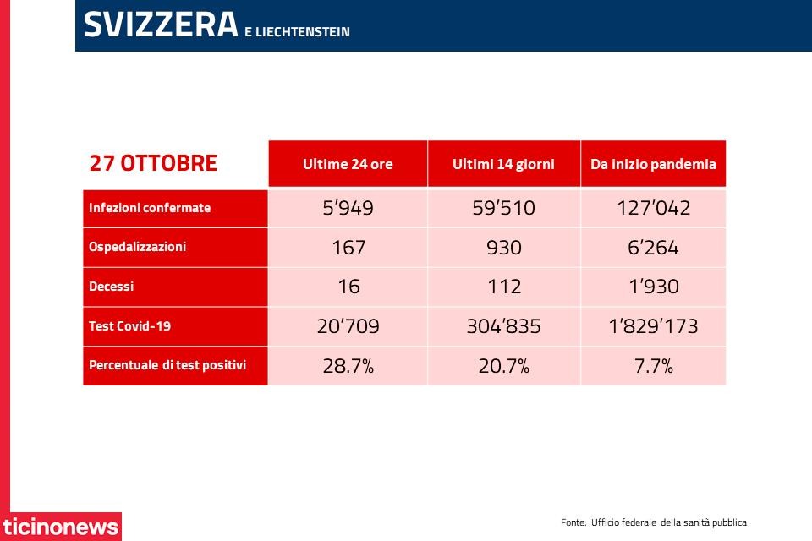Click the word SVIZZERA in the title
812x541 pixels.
161,25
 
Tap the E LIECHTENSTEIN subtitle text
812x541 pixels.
297,31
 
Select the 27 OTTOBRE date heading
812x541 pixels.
153,163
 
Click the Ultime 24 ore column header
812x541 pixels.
348,164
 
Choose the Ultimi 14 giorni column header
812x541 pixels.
503,164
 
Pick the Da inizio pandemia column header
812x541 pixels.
653,164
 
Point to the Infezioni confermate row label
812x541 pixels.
150,208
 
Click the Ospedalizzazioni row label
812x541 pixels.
137,247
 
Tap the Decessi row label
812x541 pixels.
112,287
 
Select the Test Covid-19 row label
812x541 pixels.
130,325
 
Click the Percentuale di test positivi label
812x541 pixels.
167,365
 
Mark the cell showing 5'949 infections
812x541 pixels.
348,208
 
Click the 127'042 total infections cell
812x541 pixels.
654,208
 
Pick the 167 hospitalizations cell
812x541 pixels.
348,248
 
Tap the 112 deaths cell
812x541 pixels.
504,287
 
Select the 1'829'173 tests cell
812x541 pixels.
654,326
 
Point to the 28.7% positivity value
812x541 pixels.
348,366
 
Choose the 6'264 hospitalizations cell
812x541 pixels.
653,248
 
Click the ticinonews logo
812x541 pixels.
61,527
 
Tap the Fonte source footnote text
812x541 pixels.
654,522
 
